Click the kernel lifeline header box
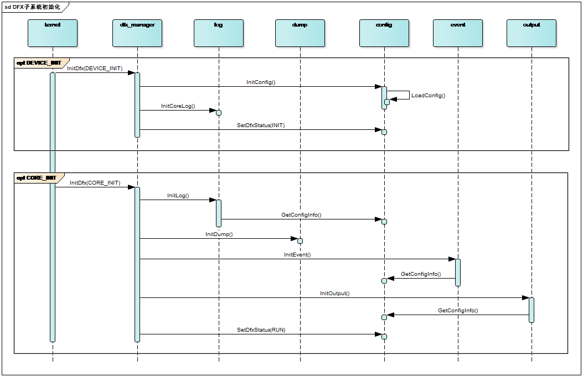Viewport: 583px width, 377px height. [x=53, y=33]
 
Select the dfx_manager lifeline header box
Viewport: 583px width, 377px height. [x=137, y=33]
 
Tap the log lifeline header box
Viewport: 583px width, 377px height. [x=219, y=33]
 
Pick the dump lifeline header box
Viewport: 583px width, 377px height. [x=300, y=33]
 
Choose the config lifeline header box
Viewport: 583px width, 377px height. [x=384, y=33]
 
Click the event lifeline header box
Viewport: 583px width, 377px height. [x=458, y=33]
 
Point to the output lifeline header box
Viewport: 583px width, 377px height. [x=532, y=33]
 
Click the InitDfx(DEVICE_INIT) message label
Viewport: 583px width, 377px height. [x=95, y=69]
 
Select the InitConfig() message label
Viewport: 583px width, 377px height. [x=261, y=82]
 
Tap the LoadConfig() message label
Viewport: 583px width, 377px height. [x=429, y=96]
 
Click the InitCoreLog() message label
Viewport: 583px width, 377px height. [x=178, y=106]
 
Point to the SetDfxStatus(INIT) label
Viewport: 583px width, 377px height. [x=261, y=125]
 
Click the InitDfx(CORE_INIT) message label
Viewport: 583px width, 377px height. [x=95, y=183]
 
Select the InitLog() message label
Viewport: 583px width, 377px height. [x=178, y=196]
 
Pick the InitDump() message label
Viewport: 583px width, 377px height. [x=219, y=234]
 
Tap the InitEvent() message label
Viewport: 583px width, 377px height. [x=297, y=255]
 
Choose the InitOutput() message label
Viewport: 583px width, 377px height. [x=335, y=294]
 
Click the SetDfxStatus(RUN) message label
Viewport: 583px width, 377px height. [x=261, y=330]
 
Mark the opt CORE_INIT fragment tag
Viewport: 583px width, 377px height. [x=37, y=178]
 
